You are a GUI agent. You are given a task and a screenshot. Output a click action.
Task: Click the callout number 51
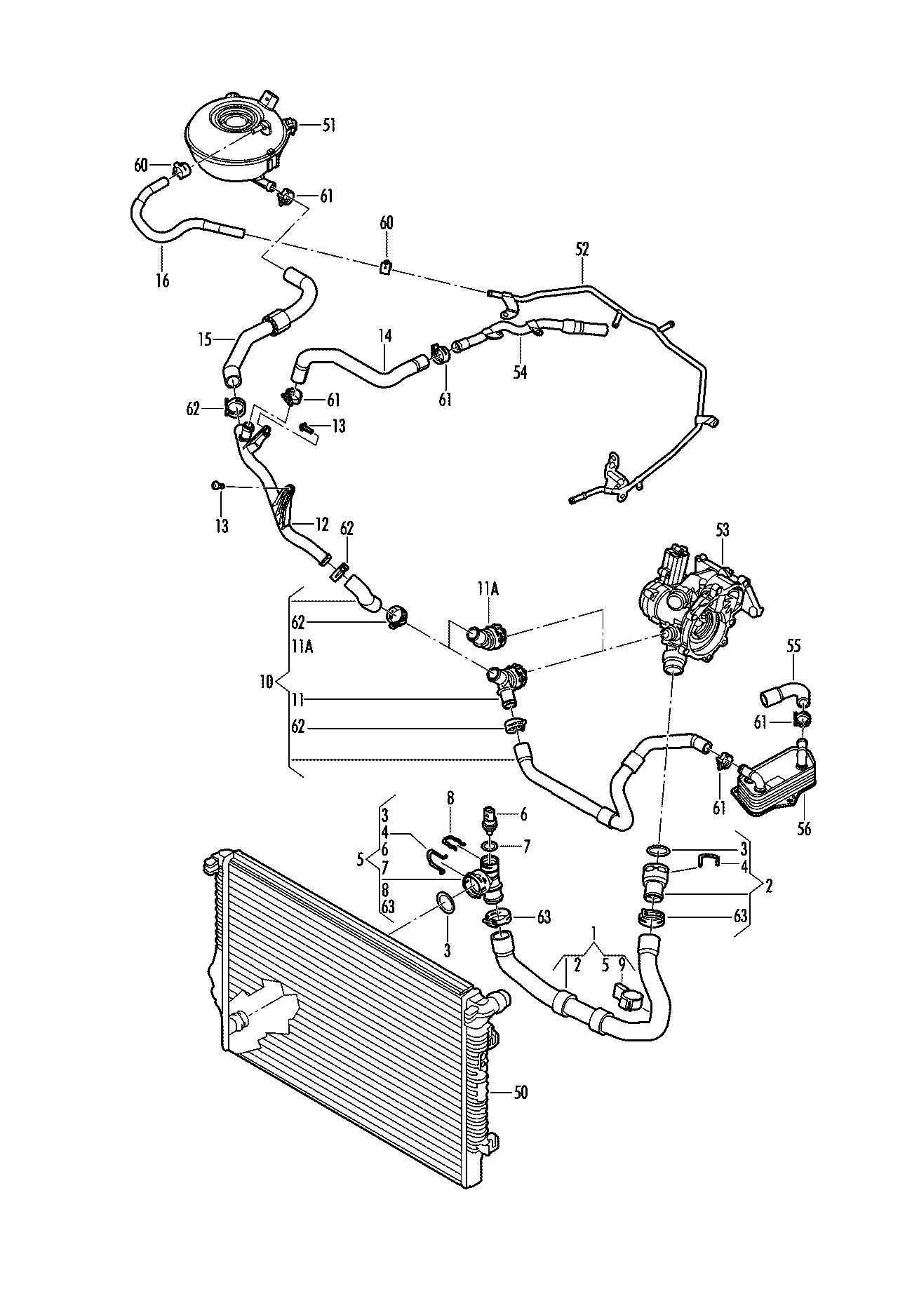329,126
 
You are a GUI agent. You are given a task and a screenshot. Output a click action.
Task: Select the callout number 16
163,281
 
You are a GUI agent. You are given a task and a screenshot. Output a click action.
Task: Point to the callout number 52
582,249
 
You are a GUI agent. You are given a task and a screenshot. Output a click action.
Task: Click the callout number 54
520,372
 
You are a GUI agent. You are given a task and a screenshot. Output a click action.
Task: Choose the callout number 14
384,337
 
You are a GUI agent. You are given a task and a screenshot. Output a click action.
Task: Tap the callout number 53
722,529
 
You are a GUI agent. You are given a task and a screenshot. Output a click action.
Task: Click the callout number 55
793,647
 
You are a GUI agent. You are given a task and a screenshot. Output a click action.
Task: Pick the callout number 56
804,829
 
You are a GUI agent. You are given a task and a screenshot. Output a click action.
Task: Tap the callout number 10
266,682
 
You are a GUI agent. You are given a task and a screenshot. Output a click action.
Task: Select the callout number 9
620,965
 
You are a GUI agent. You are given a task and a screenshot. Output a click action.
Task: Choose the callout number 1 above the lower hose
595,933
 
